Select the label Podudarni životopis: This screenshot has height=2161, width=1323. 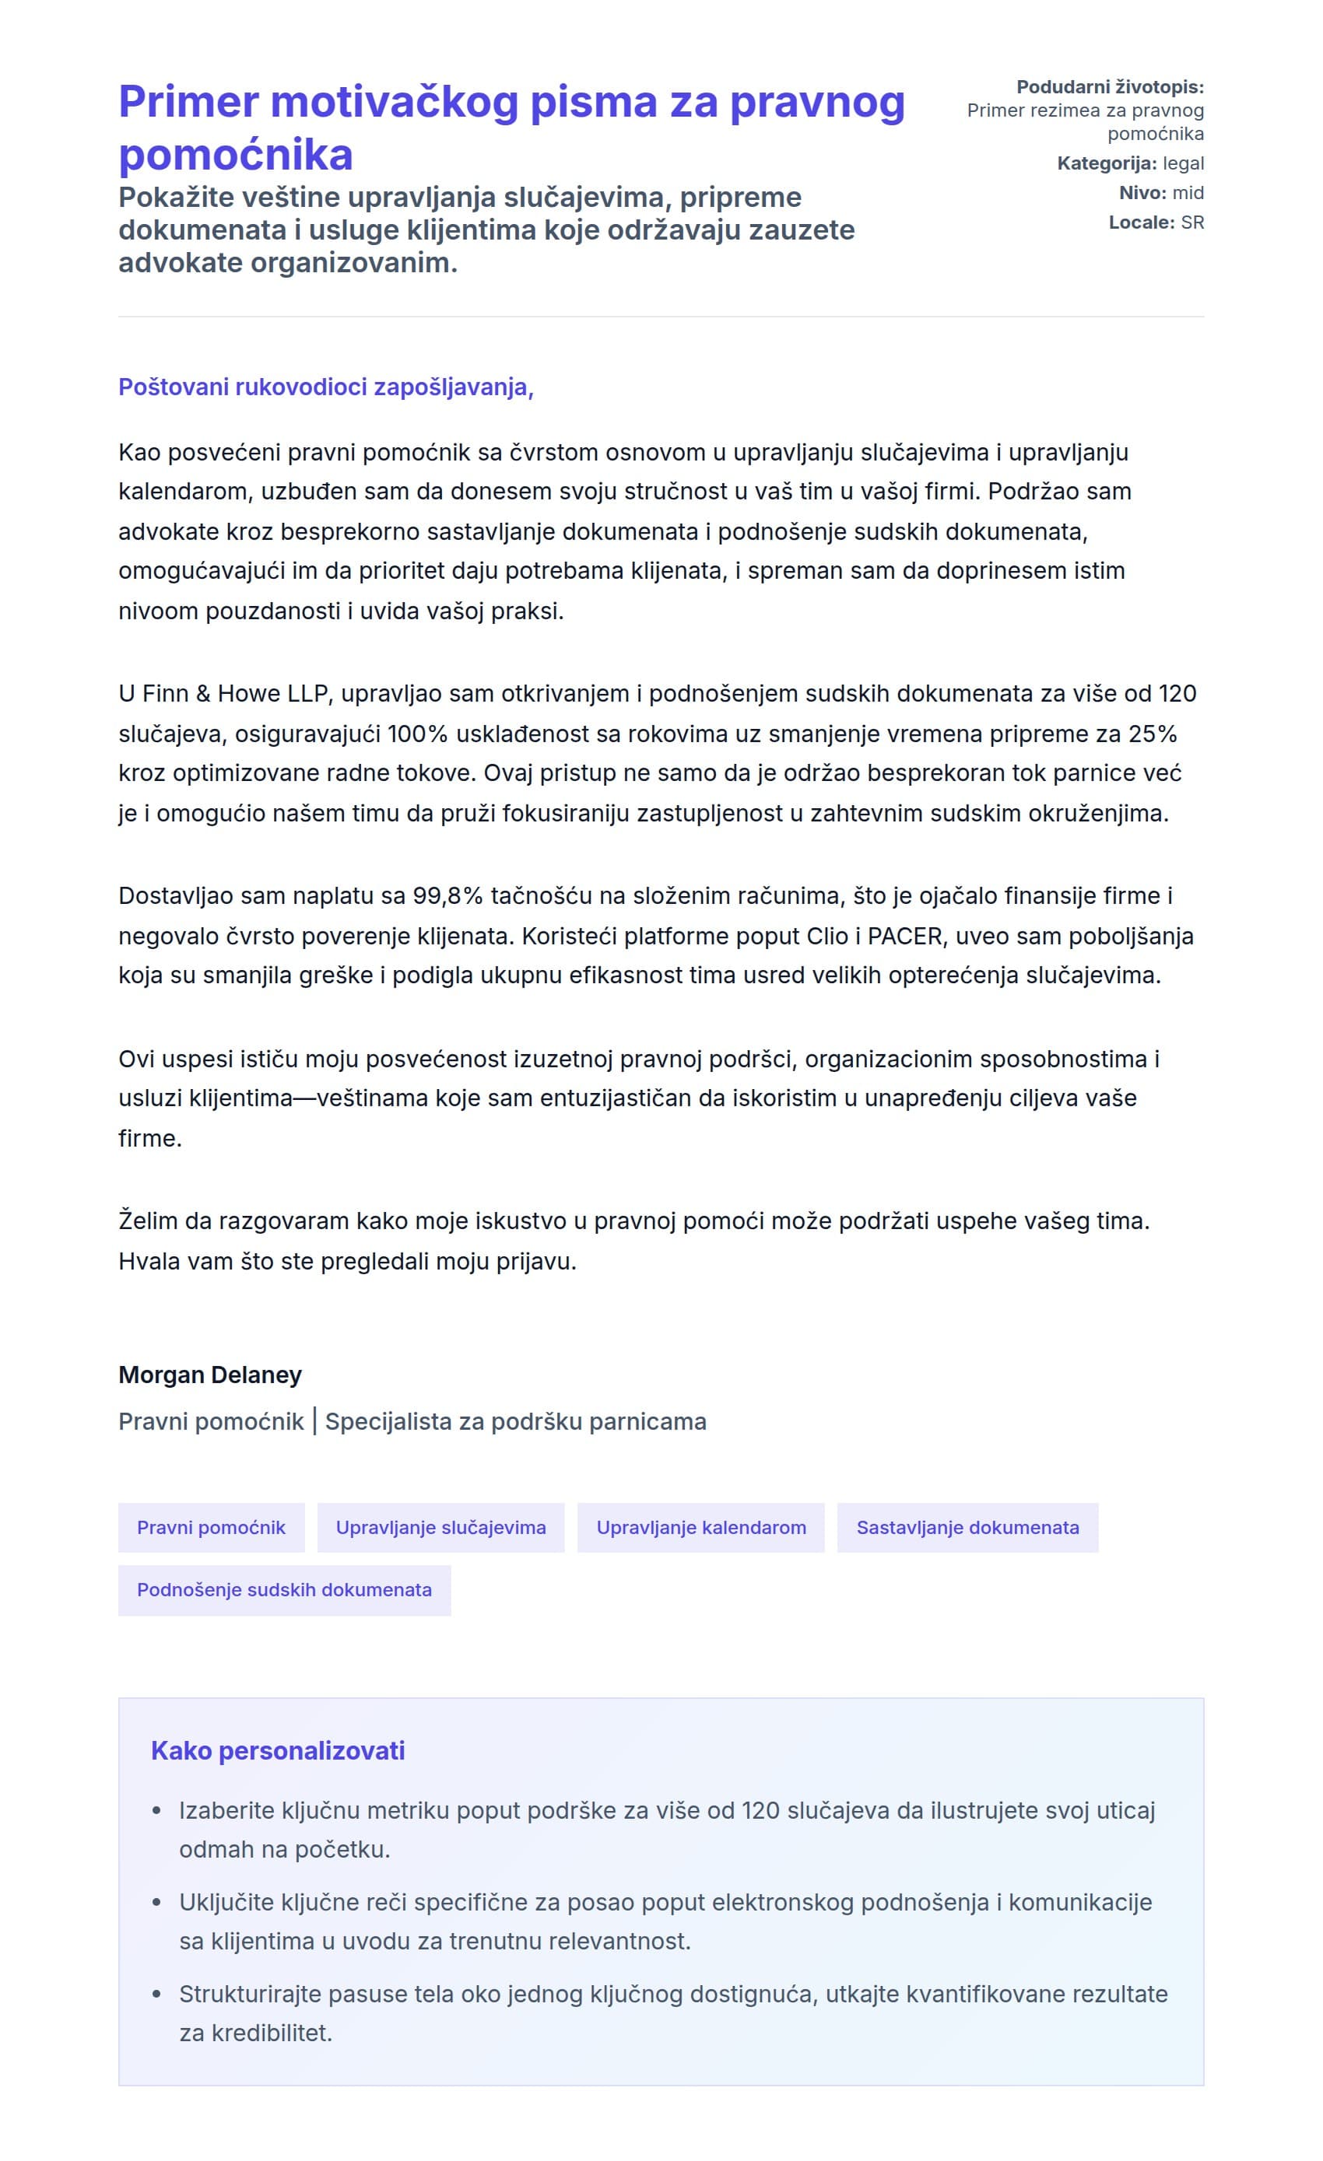point(1109,87)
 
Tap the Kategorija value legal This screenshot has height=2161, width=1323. point(1183,163)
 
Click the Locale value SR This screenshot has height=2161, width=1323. point(1191,222)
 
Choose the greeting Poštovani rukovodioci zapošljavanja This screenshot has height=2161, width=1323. point(325,387)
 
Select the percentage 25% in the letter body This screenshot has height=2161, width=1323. point(1152,734)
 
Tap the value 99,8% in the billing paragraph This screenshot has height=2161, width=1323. point(447,895)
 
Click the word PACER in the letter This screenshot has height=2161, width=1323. point(904,936)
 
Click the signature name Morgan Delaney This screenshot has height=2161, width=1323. point(209,1375)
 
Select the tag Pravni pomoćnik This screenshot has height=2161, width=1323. point(212,1527)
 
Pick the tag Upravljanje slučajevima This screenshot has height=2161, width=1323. point(440,1527)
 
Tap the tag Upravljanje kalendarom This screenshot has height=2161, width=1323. point(700,1527)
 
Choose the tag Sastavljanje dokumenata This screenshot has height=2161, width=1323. point(967,1527)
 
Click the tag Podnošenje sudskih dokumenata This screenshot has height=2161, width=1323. point(284,1589)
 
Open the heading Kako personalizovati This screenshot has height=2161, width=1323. point(277,1750)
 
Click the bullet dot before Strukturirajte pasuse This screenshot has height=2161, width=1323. point(157,1995)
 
